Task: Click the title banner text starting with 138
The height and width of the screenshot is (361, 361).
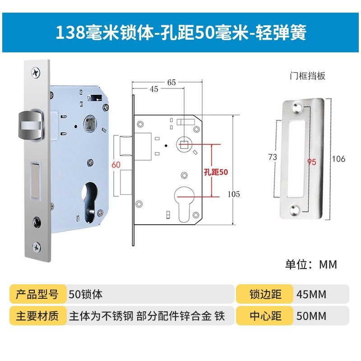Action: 180,33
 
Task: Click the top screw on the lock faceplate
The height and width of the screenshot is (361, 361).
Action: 35,71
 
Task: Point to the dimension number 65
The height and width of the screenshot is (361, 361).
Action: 171,82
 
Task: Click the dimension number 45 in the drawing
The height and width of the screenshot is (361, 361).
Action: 153,89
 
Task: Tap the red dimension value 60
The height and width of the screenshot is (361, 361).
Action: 116,165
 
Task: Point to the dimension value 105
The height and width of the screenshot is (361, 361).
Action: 233,194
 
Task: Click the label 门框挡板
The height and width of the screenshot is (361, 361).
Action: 307,76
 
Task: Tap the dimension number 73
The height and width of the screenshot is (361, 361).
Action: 272,157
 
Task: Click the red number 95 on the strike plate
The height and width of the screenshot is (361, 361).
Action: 311,162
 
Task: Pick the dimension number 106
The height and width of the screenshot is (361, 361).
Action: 338,159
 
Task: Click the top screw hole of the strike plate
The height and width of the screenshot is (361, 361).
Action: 296,109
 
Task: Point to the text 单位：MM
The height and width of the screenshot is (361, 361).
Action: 311,264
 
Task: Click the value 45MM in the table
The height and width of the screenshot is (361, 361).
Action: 311,295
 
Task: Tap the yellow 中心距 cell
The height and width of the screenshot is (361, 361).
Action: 265,315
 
